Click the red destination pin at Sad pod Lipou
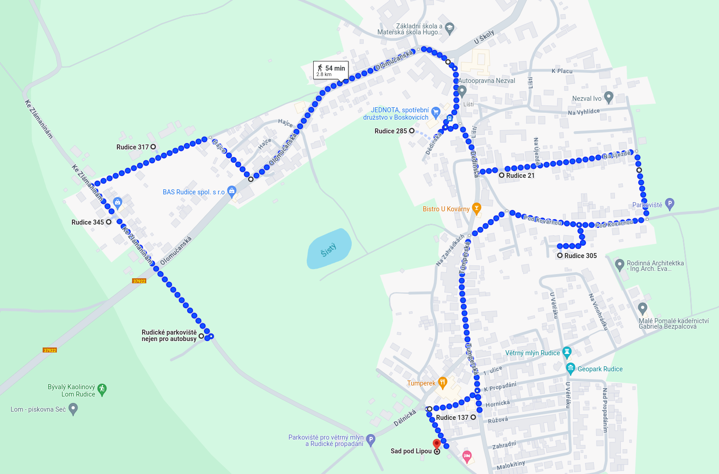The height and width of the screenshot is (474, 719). point(437,444)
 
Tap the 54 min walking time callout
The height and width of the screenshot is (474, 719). point(331,70)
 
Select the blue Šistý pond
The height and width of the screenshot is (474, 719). point(329,249)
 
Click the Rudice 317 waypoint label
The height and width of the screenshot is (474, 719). point(133,147)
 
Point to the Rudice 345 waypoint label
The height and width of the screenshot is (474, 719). point(88,222)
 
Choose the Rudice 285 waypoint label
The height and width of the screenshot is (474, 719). point(391,131)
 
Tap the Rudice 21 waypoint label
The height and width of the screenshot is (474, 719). point(520,176)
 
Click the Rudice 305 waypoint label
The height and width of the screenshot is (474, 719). point(581,256)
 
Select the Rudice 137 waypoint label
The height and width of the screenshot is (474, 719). point(452,418)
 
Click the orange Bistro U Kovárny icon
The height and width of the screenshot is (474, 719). point(476,209)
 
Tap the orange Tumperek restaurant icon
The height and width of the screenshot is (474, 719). point(442,382)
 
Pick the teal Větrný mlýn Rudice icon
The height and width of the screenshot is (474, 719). point(567,353)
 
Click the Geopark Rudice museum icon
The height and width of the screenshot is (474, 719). point(570,368)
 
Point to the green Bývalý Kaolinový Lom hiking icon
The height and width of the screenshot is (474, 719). point(102,390)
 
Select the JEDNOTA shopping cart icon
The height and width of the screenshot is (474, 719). point(436,111)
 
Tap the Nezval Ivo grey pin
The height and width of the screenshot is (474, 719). point(608,97)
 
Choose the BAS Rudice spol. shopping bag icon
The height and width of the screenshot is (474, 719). point(232,191)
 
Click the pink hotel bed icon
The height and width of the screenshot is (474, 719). point(467,456)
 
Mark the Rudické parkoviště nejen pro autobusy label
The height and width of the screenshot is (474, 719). point(169,336)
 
